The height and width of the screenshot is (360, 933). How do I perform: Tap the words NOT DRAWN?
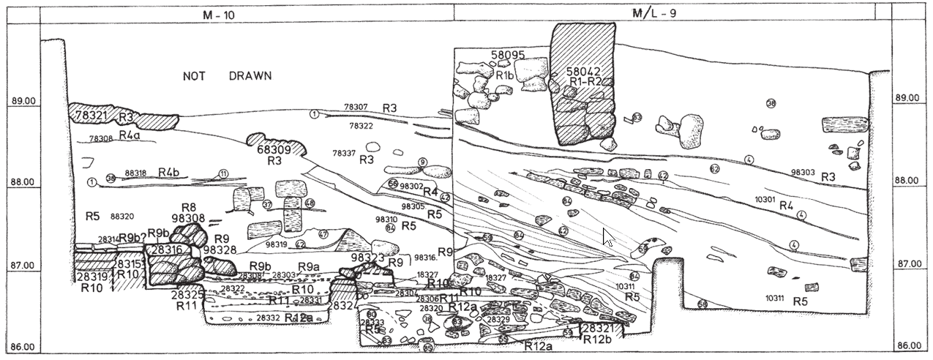[x=227, y=76]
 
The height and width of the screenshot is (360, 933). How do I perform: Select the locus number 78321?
[x=91, y=116]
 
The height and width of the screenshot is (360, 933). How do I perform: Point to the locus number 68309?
[x=274, y=149]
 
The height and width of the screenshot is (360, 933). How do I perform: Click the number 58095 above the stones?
[x=509, y=55]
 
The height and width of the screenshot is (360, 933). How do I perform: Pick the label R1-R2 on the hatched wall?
[x=584, y=82]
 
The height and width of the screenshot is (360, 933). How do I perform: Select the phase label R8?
[x=189, y=207]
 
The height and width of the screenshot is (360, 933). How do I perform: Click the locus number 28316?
[x=166, y=250]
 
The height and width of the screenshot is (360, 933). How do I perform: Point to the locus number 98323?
[x=367, y=258]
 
